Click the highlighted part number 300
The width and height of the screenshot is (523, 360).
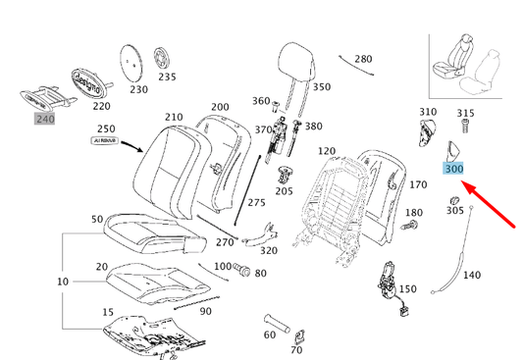click(x=453, y=169)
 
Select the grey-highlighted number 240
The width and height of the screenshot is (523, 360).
click(x=45, y=119)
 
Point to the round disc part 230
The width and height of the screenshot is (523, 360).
click(x=133, y=61)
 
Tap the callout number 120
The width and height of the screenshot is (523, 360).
click(x=327, y=151)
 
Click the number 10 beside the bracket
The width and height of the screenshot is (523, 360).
click(x=34, y=283)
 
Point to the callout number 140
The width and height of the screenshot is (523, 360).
click(x=472, y=276)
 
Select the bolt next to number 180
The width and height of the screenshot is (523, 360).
click(x=410, y=227)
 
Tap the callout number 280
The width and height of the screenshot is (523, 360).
click(x=362, y=60)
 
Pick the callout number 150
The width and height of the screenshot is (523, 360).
click(x=407, y=289)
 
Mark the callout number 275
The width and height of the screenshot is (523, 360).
click(x=256, y=202)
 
